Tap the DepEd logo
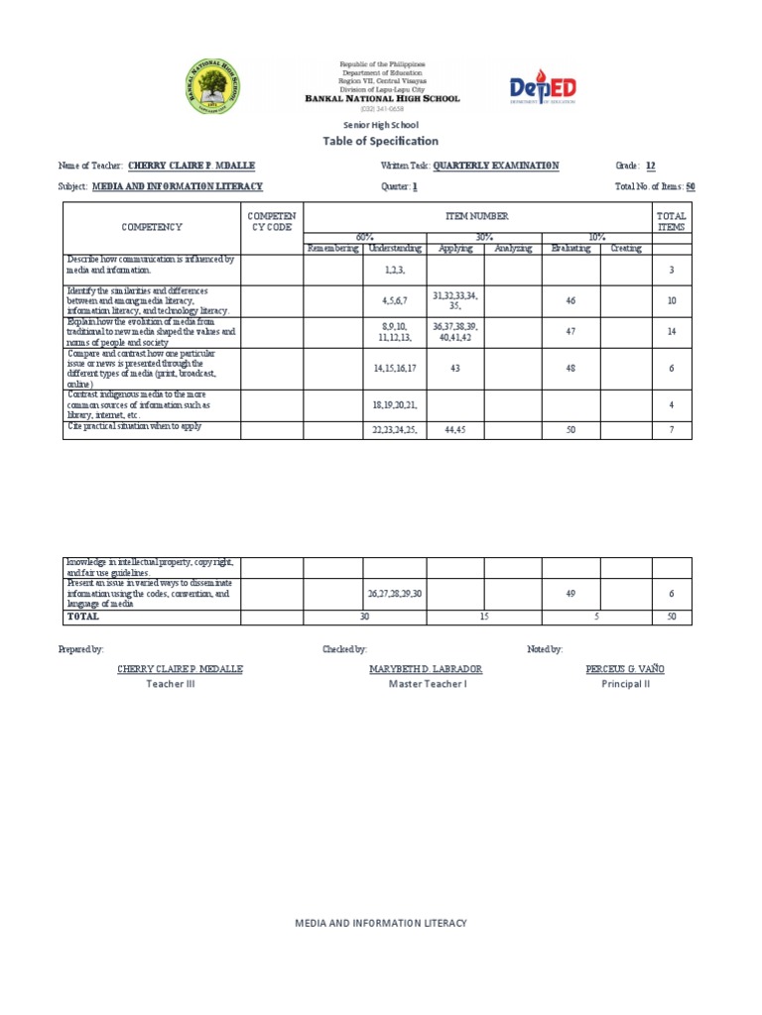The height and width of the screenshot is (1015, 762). point(542,87)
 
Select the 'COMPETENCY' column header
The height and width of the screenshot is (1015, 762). point(152,227)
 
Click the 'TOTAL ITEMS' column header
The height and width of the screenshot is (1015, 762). point(672,221)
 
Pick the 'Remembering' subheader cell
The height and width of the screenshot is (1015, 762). point(334,249)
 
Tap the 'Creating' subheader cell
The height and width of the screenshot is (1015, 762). point(625,249)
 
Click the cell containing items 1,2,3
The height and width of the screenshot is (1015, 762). point(395,270)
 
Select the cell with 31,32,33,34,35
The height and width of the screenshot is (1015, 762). point(455,301)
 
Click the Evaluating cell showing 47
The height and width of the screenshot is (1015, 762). point(571,332)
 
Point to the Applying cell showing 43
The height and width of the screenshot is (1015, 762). point(455,368)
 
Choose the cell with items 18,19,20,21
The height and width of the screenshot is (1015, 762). point(395,405)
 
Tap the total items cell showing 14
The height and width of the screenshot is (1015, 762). point(672,332)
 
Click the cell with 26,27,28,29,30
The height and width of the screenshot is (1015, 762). point(395,593)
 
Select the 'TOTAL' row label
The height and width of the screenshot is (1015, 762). point(83,617)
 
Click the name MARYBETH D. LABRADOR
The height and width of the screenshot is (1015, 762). point(426,669)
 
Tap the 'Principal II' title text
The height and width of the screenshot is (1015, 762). point(625,684)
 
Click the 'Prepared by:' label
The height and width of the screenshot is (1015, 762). point(81,649)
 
